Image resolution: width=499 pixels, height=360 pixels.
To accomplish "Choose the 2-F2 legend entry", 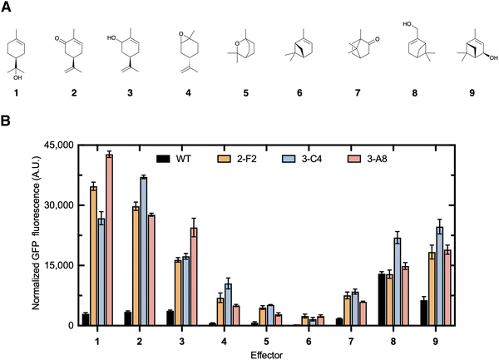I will click(x=240, y=156).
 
